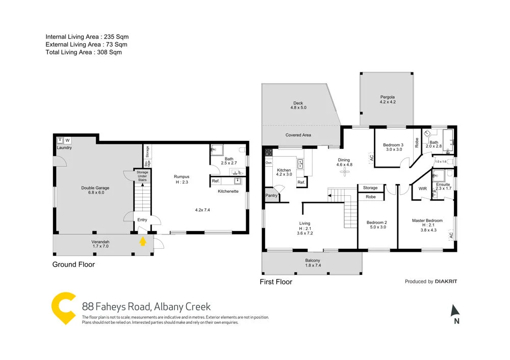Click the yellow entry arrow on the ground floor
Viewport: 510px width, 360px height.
pos(143,240)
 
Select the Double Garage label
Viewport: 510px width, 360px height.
pos(95,188)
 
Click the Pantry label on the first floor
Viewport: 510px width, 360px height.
pos(271,195)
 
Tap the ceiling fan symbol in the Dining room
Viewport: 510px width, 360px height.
pos(345,172)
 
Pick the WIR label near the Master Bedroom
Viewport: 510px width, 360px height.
pos(422,188)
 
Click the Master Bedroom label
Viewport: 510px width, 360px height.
pos(427,220)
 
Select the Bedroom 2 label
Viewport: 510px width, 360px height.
pos(377,222)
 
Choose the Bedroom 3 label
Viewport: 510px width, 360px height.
pos(393,145)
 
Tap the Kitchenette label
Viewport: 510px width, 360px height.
pos(228,191)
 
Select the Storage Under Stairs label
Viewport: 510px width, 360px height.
pos(142,176)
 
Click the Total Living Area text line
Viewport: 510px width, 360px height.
pos(84,52)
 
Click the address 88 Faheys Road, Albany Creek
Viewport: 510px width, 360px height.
pos(146,306)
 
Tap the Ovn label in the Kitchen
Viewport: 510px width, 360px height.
pos(268,163)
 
